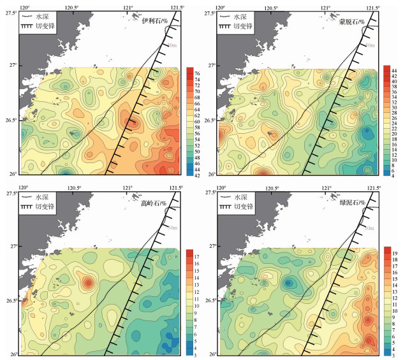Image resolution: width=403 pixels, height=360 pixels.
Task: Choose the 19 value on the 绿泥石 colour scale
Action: [x=393, y=254]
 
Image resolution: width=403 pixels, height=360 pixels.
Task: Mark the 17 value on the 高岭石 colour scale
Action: [x=197, y=256]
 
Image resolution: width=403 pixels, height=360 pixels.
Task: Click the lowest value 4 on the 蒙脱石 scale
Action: [x=394, y=175]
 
